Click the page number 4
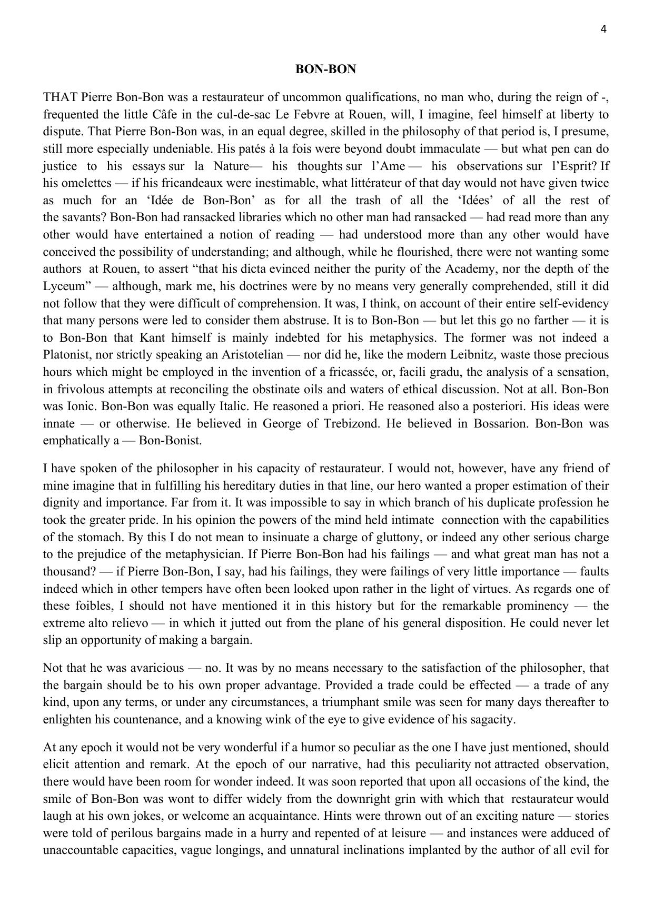pos(603,29)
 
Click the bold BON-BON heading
pos(326,69)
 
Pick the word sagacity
pos(492,719)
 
